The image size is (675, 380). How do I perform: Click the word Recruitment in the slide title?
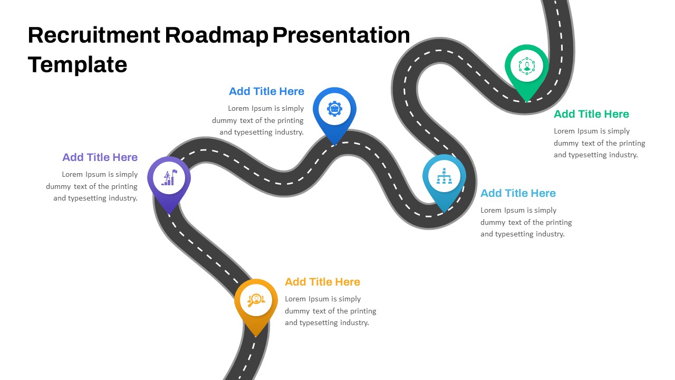point(94,35)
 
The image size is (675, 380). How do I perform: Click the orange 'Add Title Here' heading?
point(322,282)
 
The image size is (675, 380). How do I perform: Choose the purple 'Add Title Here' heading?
point(100,157)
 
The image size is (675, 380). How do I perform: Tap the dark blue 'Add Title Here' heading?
point(267,91)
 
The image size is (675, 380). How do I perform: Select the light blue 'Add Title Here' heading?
point(518,193)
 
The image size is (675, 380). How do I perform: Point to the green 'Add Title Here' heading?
point(591,114)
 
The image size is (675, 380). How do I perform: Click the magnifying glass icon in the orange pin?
point(256,300)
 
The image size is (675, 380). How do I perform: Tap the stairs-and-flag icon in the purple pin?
point(169,177)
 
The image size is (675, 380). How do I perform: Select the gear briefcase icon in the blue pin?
point(334,109)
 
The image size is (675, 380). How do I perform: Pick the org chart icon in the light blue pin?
point(444,176)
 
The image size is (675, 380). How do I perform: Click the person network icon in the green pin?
point(527,66)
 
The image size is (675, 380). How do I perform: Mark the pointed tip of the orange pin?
point(256,336)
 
